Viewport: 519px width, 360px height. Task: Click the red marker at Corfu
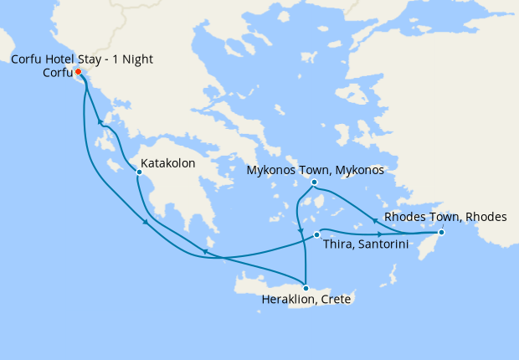click(x=78, y=71)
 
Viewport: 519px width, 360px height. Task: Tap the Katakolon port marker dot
click(x=139, y=172)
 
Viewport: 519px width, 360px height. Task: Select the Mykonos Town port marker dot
click(x=314, y=182)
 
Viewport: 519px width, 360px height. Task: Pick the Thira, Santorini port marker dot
click(x=316, y=234)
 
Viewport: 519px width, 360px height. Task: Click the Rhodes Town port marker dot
click(x=441, y=232)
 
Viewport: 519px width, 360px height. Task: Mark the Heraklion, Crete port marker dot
click(x=306, y=288)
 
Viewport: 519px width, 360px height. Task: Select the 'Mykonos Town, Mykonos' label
click(x=316, y=170)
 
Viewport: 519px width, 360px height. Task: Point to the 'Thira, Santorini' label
click(x=366, y=244)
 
